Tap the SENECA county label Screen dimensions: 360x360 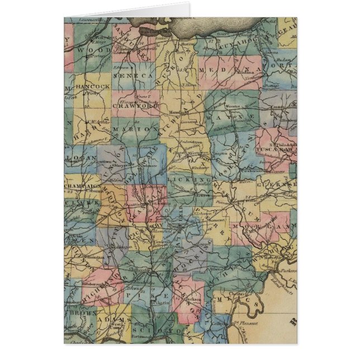coord(125,74)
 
